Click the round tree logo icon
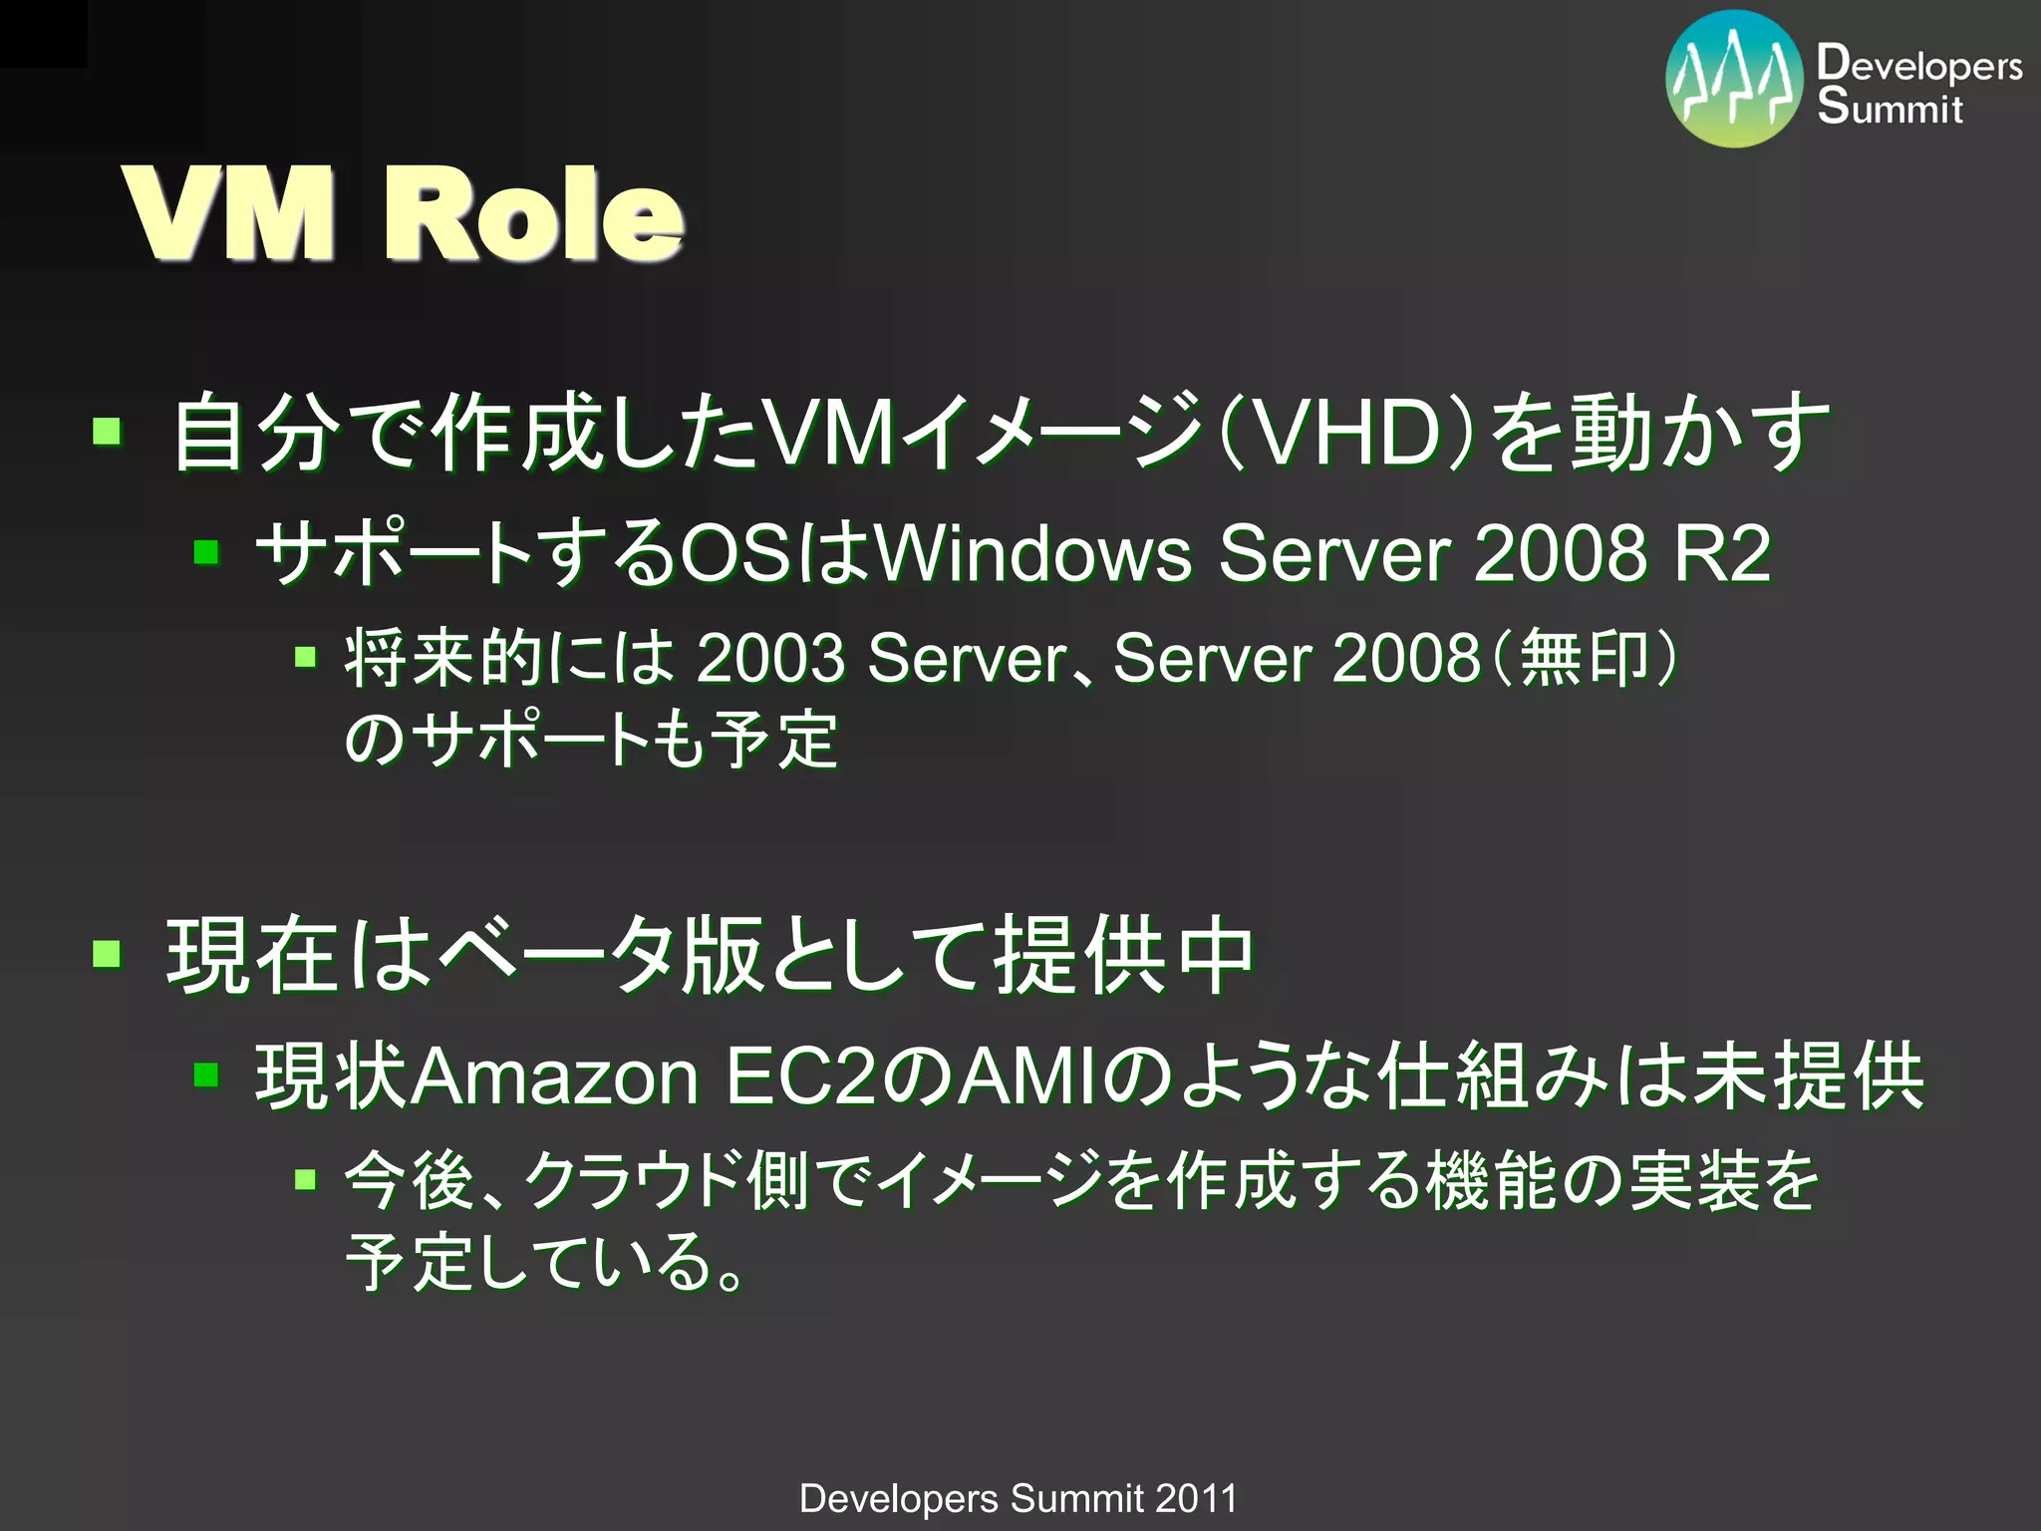pyautogui.click(x=1734, y=79)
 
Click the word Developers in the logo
pyautogui.click(x=1919, y=65)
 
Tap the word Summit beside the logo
pyautogui.click(x=1890, y=107)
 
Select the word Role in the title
pyautogui.click(x=533, y=214)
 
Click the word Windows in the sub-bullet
pyautogui.click(x=1032, y=553)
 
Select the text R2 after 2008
pyautogui.click(x=1722, y=553)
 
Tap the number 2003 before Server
pyautogui.click(x=770, y=659)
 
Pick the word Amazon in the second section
pyautogui.click(x=556, y=1077)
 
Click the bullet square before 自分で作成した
pyautogui.click(x=107, y=432)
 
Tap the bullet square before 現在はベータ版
pyautogui.click(x=107, y=955)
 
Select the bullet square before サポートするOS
pyautogui.click(x=206, y=551)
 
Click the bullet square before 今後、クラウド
pyautogui.click(x=306, y=1180)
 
